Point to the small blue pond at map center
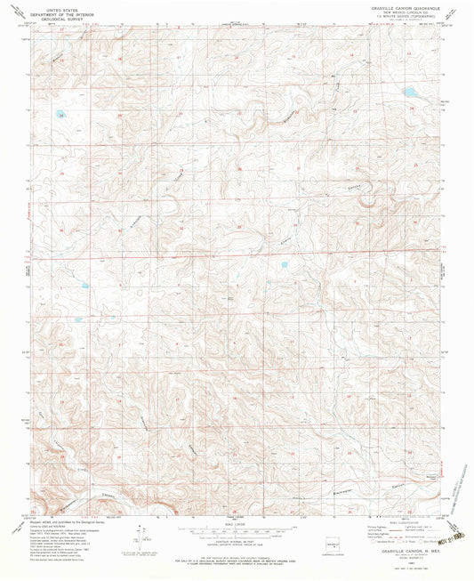pyautogui.click(x=285, y=264)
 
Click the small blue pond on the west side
pyautogui.click(x=84, y=286)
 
